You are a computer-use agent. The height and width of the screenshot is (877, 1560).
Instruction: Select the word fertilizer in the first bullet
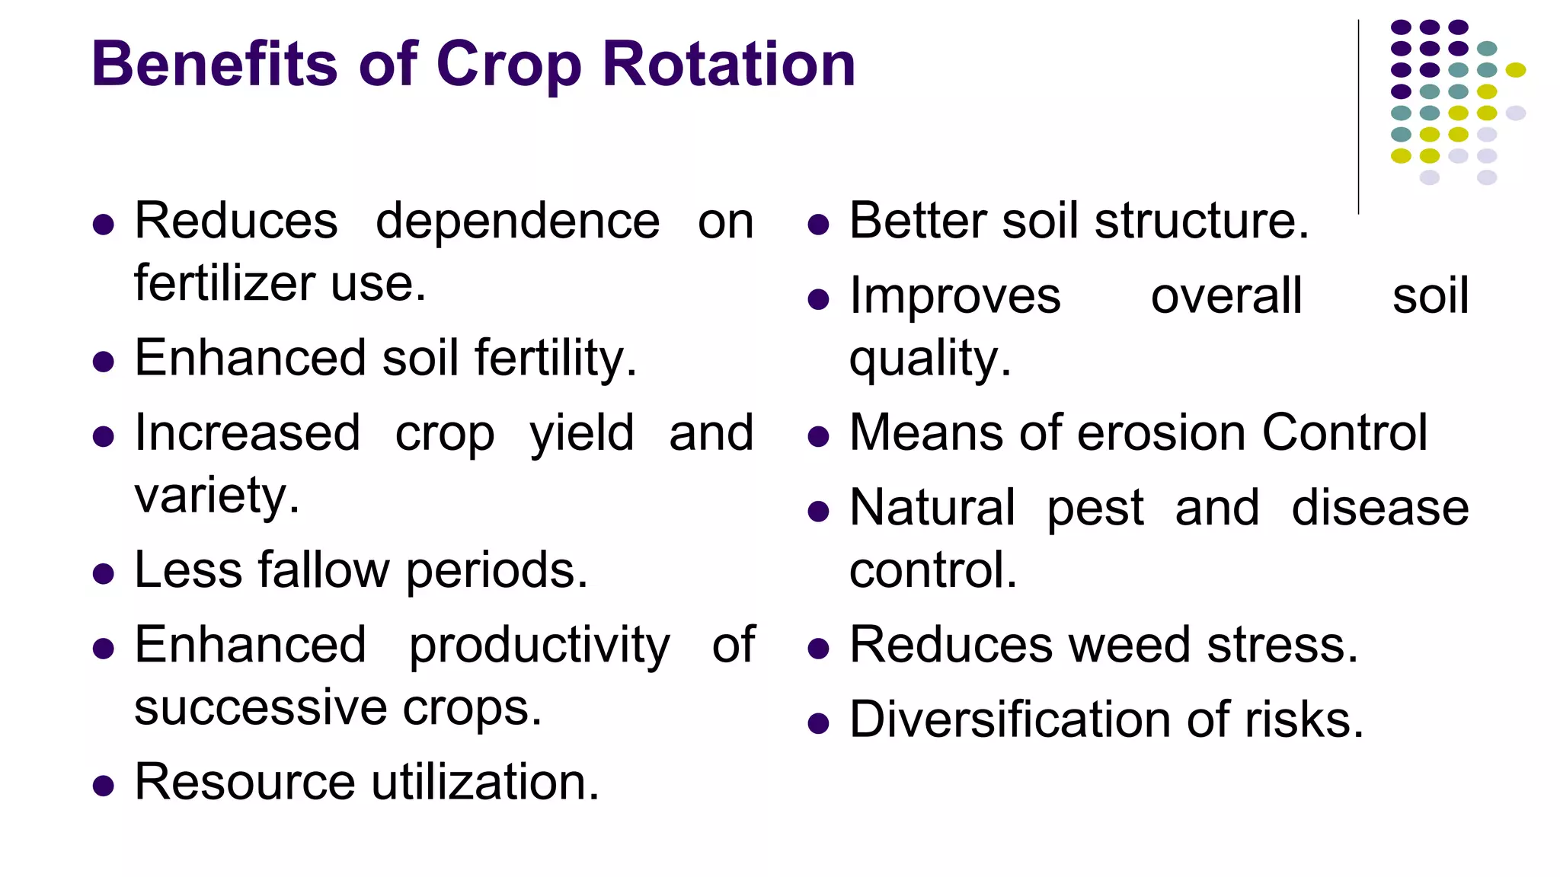[224, 283]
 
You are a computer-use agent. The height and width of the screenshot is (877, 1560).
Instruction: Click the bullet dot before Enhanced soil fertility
[103, 361]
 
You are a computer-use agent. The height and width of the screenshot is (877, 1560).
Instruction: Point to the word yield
[582, 434]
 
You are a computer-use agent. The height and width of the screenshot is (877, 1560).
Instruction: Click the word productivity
[539, 646]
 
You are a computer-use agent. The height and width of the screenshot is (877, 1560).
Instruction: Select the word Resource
[245, 782]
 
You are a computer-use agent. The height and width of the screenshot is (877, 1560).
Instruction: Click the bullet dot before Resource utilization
[103, 786]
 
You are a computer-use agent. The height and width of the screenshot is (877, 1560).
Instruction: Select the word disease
[1379, 508]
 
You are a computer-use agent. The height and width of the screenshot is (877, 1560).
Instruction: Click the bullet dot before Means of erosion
[818, 437]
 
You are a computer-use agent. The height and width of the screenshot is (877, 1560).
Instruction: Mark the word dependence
[517, 222]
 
